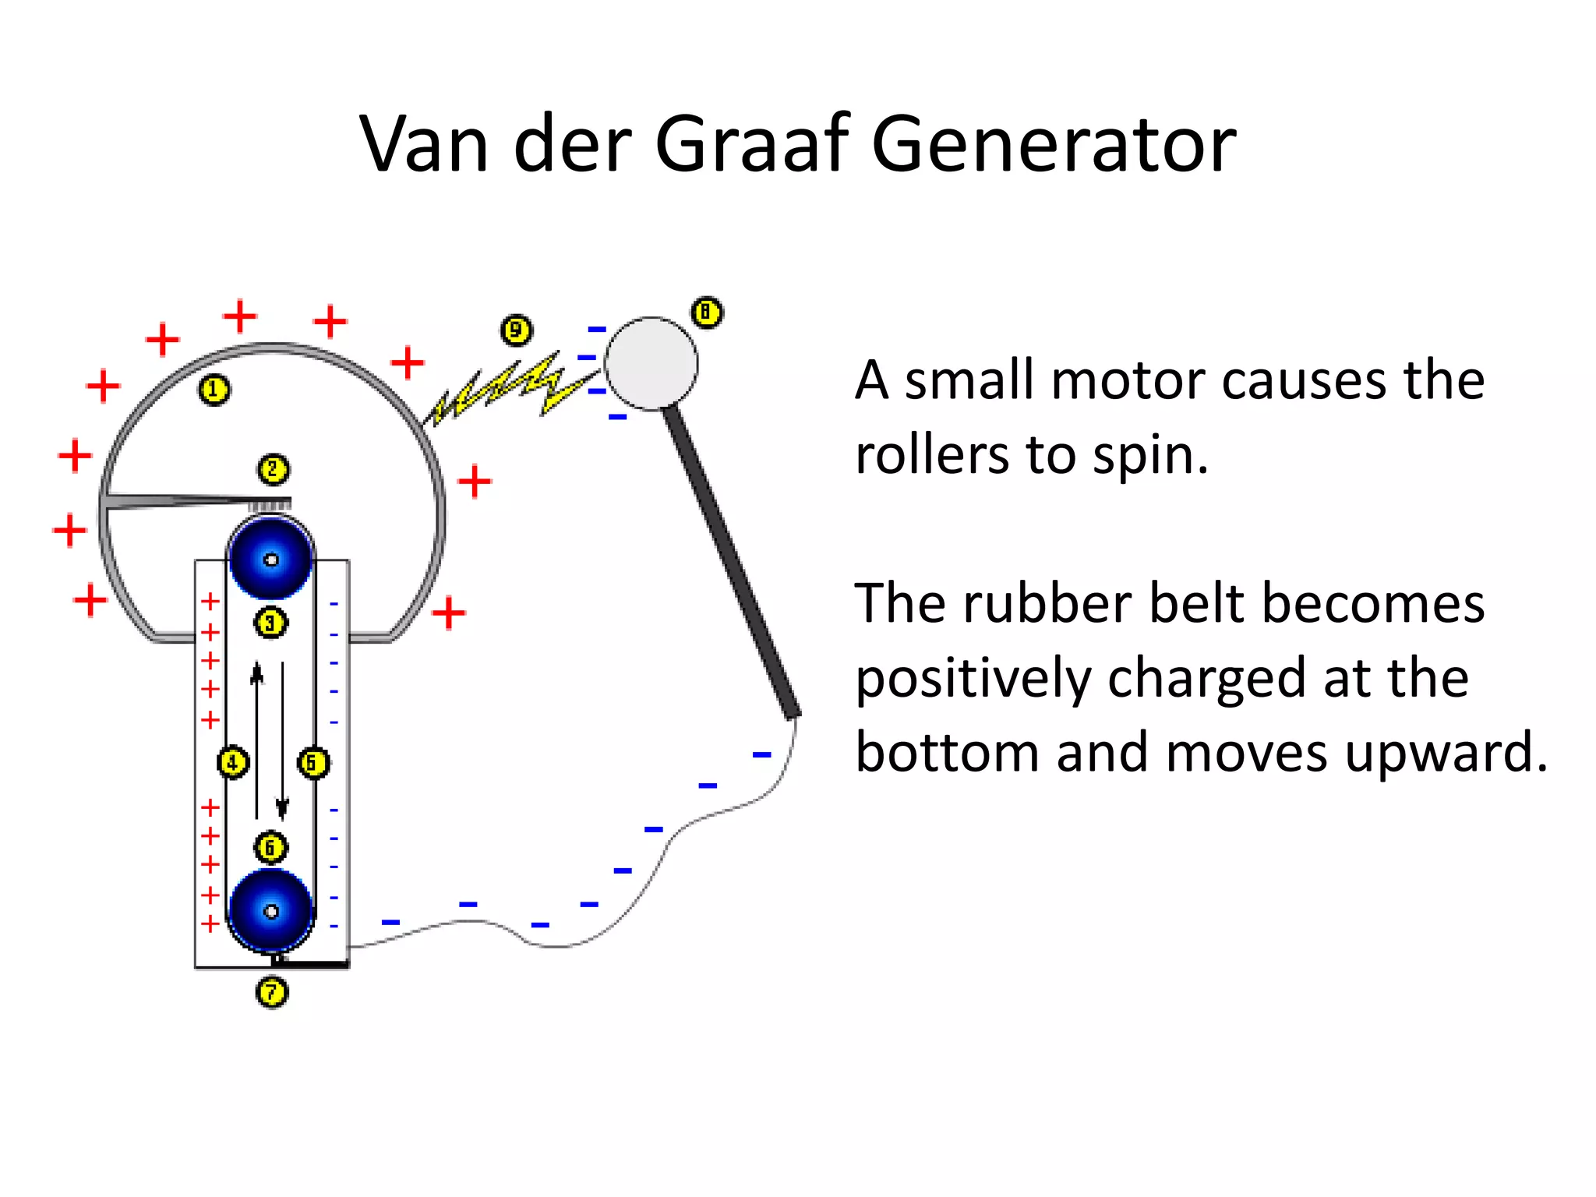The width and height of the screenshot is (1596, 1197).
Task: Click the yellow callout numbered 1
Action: click(x=214, y=390)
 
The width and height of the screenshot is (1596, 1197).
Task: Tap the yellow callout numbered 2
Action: click(x=273, y=470)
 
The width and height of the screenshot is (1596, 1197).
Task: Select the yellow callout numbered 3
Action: click(x=270, y=623)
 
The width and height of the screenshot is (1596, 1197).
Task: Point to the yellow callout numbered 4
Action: click(x=232, y=762)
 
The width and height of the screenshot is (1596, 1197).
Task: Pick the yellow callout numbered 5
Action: click(x=313, y=762)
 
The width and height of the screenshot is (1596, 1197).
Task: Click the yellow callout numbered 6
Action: click(x=270, y=847)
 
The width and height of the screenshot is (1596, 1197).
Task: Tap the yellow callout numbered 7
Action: click(x=272, y=992)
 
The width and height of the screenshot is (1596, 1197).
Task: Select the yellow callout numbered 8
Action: click(x=707, y=313)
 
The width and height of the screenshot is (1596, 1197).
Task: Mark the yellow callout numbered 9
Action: click(x=516, y=330)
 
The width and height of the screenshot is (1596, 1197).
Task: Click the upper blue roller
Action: click(x=271, y=558)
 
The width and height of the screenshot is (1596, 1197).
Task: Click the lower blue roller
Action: click(x=271, y=910)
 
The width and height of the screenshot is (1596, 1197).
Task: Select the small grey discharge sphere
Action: click(x=651, y=363)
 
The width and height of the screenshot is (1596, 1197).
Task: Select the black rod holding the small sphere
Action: click(x=733, y=561)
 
